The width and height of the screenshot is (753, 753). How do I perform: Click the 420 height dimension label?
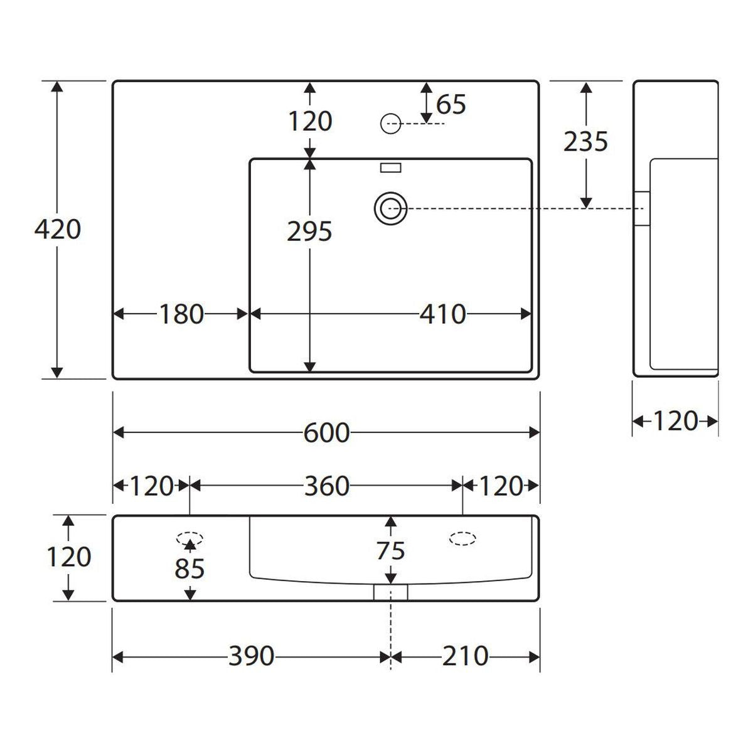click(x=58, y=230)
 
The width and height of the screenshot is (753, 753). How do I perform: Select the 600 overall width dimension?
click(x=327, y=433)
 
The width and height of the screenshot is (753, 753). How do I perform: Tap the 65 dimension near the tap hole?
click(x=451, y=104)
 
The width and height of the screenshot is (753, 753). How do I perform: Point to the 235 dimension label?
click(x=585, y=141)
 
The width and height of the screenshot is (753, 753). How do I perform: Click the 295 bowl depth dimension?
click(x=309, y=232)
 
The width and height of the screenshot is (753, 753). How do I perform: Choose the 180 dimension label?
click(x=182, y=314)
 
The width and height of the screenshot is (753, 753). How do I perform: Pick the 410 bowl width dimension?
click(x=443, y=314)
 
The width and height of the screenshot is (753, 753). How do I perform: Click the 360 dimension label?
click(x=327, y=486)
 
